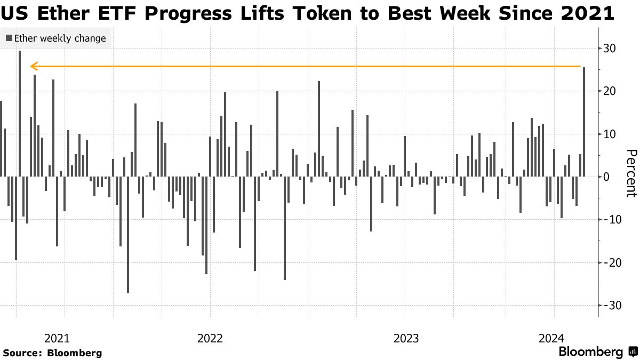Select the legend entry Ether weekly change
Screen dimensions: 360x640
pyautogui.click(x=55, y=38)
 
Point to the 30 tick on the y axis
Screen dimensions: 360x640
pyautogui.click(x=610, y=49)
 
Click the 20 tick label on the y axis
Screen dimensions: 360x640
pyautogui.click(x=610, y=91)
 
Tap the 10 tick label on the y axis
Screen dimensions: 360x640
pyautogui.click(x=610, y=134)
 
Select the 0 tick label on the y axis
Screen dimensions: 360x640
pyautogui.click(x=606, y=177)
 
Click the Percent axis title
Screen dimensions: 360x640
pyautogui.click(x=630, y=173)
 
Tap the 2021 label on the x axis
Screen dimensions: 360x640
pyautogui.click(x=57, y=338)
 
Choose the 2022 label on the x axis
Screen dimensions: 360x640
pyautogui.click(x=210, y=338)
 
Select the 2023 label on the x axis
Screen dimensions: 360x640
pyautogui.click(x=405, y=338)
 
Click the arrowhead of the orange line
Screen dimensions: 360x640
pyautogui.click(x=33, y=67)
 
